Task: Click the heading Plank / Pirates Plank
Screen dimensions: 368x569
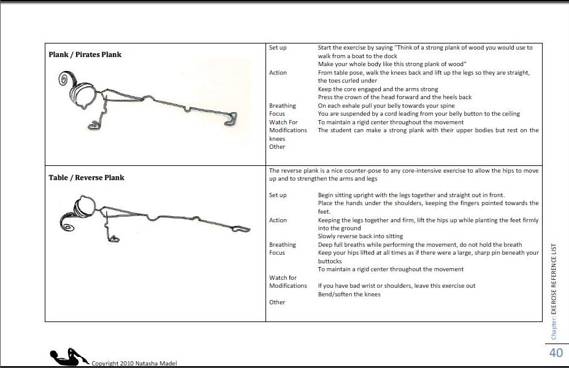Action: [85, 54]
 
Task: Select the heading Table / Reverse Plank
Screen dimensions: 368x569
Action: [86, 178]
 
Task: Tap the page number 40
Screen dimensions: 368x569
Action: [556, 353]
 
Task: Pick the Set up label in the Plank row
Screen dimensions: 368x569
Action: [278, 48]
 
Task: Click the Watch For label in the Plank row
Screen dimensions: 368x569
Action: [283, 122]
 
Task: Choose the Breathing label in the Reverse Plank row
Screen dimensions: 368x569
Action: [282, 244]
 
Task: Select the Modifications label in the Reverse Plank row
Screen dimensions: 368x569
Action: [288, 285]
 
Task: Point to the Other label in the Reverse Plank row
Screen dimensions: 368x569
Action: [277, 302]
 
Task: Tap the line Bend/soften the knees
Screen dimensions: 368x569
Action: [349, 294]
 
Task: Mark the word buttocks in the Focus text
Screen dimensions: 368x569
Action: [332, 261]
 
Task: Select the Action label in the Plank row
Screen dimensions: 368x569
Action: [278, 72]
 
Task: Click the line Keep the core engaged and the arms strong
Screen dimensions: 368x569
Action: [378, 89]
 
